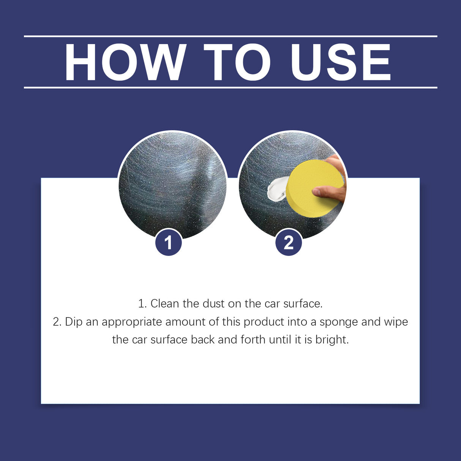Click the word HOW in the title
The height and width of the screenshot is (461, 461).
(x=125, y=63)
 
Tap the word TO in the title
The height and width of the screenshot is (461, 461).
(x=237, y=63)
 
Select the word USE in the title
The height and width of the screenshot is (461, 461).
(x=341, y=63)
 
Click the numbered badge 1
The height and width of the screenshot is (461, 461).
(x=169, y=242)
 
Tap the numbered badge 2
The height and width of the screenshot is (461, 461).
(x=289, y=242)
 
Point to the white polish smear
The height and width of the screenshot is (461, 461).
(x=276, y=189)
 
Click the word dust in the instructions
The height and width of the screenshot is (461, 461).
(x=213, y=303)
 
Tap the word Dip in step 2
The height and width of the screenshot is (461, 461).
(x=74, y=322)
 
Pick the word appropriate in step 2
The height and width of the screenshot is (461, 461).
(x=132, y=322)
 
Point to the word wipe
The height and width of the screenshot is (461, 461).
(x=396, y=322)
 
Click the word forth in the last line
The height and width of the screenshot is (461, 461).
(x=253, y=339)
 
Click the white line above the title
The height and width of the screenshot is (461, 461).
(x=230, y=36)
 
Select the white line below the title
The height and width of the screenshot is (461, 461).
(x=230, y=87)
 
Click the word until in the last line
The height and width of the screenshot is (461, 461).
(x=280, y=339)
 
